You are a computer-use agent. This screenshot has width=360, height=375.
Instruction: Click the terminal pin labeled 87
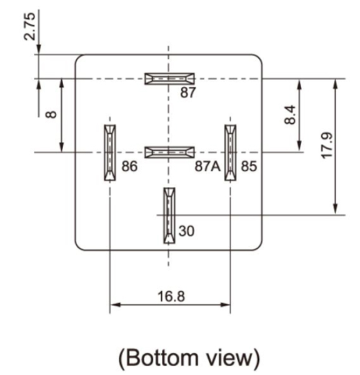pyautogui.click(x=169, y=79)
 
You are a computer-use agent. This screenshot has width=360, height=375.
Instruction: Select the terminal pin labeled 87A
pyautogui.click(x=169, y=152)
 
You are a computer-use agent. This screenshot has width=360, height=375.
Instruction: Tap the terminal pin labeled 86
pyautogui.click(x=110, y=152)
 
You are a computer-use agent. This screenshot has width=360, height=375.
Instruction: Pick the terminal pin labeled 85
pyautogui.click(x=231, y=152)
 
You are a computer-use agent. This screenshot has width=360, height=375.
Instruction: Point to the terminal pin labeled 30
pyautogui.click(x=169, y=216)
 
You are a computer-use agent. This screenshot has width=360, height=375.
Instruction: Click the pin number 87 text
pyautogui.click(x=188, y=92)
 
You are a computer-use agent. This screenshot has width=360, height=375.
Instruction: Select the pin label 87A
pyautogui.click(x=207, y=166)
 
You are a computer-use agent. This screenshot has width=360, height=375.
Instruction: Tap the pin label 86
pyautogui.click(x=129, y=166)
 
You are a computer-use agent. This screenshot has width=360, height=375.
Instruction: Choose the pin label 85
pyautogui.click(x=249, y=166)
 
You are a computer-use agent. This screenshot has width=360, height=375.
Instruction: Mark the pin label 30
pyautogui.click(x=187, y=231)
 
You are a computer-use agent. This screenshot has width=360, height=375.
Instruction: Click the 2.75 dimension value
pyautogui.click(x=30, y=26)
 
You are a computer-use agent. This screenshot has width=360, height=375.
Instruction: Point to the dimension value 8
pyautogui.click(x=51, y=115)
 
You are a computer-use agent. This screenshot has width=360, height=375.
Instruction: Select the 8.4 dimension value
pyautogui.click(x=290, y=115)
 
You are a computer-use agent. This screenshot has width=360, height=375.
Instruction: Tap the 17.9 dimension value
pyautogui.click(x=326, y=146)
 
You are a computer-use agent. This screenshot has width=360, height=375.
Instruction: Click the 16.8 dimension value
pyautogui.click(x=171, y=296)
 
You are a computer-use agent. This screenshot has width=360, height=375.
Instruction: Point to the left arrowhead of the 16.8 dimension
pyautogui.click(x=115, y=305)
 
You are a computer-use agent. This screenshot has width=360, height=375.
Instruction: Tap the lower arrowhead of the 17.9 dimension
pyautogui.click(x=336, y=210)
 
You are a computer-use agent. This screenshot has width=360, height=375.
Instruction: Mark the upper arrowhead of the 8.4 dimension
pyautogui.click(x=299, y=84)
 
